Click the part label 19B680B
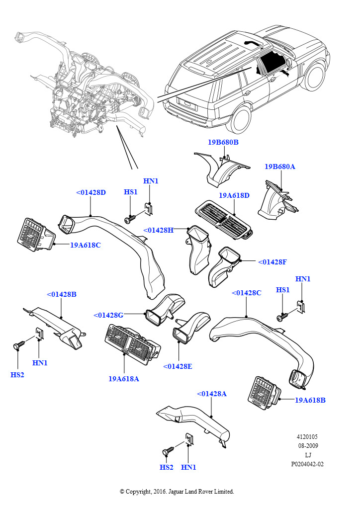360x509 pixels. (x=223, y=143)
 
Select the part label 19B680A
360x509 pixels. (x=279, y=167)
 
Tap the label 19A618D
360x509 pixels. (x=234, y=195)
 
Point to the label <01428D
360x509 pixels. (x=91, y=192)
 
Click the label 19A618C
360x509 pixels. (x=85, y=245)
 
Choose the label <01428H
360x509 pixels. (x=158, y=230)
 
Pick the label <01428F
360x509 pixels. (x=272, y=261)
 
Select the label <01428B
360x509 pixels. (x=62, y=294)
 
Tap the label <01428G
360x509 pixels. (x=108, y=315)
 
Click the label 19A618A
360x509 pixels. (x=123, y=378)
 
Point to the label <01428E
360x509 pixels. (x=178, y=366)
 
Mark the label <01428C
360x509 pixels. (x=246, y=293)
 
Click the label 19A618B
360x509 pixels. (x=310, y=400)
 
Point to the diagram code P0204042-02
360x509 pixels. (x=307, y=464)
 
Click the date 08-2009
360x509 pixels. (x=308, y=446)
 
